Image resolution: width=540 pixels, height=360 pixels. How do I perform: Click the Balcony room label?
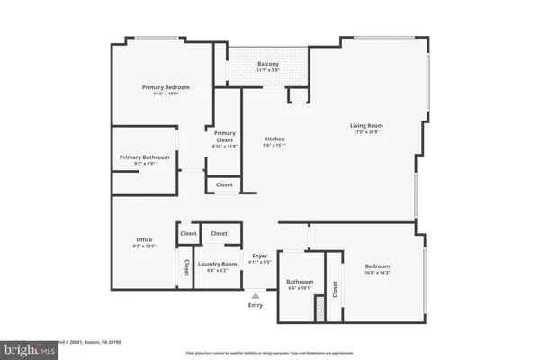[268, 64]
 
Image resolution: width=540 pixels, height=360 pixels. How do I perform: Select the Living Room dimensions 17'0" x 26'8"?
[367, 131]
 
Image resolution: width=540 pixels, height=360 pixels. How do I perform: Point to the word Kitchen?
[274, 139]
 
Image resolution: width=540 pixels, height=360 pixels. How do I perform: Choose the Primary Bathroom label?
[144, 157]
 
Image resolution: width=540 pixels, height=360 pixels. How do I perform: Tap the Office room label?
[144, 238]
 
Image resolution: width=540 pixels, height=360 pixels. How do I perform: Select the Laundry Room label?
[216, 264]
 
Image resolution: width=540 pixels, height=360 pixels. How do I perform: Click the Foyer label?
[260, 256]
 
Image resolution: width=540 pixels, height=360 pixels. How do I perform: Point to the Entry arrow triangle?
[255, 294]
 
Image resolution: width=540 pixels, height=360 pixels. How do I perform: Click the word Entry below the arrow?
[255, 304]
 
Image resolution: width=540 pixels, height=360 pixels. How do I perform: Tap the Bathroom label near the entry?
[300, 282]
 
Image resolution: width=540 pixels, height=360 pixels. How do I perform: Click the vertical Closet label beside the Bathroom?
[335, 290]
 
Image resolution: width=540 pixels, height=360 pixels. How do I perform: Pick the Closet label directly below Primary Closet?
[224, 184]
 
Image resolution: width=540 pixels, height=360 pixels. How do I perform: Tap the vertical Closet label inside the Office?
[186, 267]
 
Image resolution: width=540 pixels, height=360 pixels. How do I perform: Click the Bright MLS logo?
[27, 346]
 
